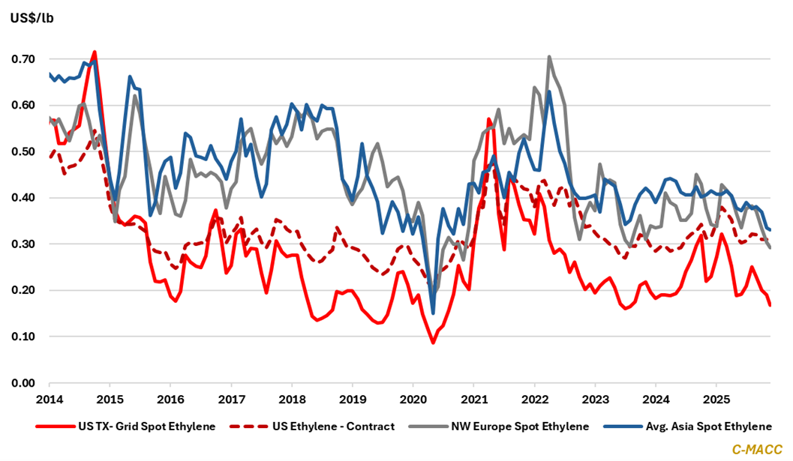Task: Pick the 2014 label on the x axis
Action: point(49,399)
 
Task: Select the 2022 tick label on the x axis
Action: point(534,399)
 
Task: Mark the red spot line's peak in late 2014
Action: point(95,52)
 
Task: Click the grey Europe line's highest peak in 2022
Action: point(549,56)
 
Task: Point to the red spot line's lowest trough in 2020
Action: point(433,343)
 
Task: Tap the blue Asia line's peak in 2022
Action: point(549,91)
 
